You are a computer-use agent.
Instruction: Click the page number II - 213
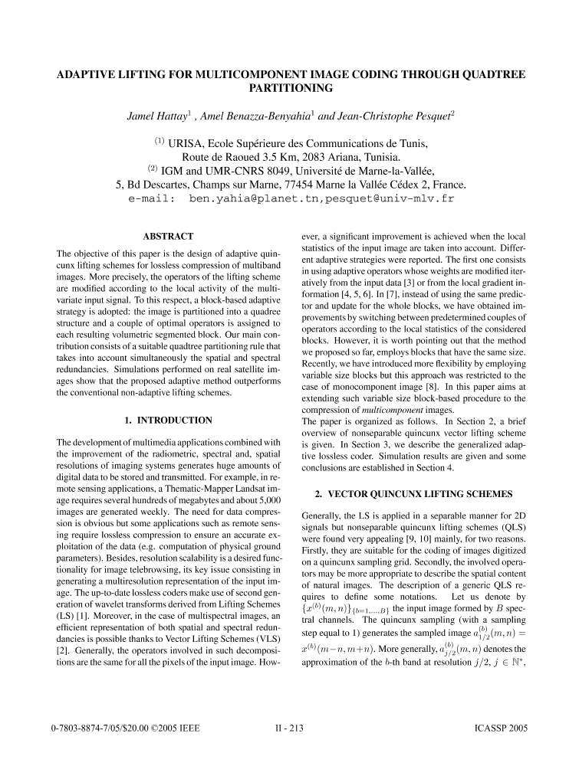[x=289, y=744]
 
